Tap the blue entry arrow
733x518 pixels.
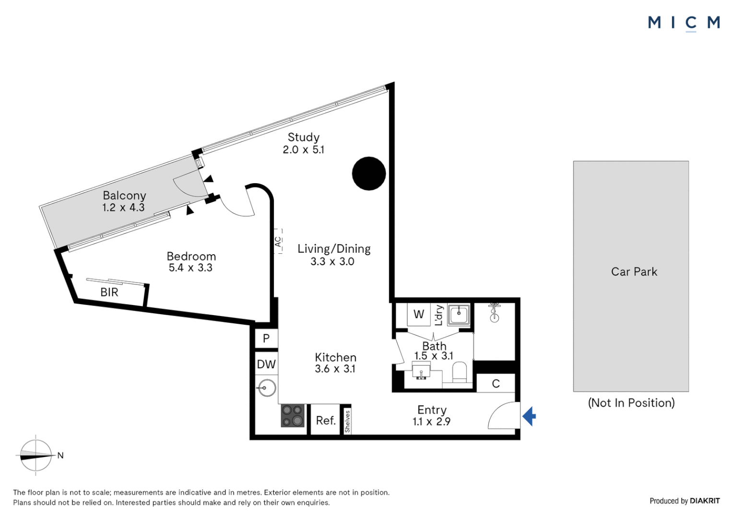pos(529,416)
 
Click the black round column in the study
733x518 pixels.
pos(369,174)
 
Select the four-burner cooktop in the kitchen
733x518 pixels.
pos(293,415)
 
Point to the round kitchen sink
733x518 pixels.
pos(266,388)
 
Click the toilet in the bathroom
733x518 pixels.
pos(459,372)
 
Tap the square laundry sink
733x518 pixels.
pos(459,314)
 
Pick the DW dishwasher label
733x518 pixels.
pos(266,364)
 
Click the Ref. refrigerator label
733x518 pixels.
pos(326,421)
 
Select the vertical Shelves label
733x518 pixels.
pos(347,422)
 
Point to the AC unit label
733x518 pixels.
pos(278,242)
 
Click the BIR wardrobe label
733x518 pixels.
pos(109,292)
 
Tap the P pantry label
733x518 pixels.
pos(266,338)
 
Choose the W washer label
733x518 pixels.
pos(419,314)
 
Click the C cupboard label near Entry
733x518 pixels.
pos(496,384)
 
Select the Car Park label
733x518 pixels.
pos(634,271)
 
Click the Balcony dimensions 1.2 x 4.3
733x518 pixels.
pos(123,208)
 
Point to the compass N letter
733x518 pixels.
pos(60,455)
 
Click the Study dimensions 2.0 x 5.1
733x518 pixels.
pos(303,150)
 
